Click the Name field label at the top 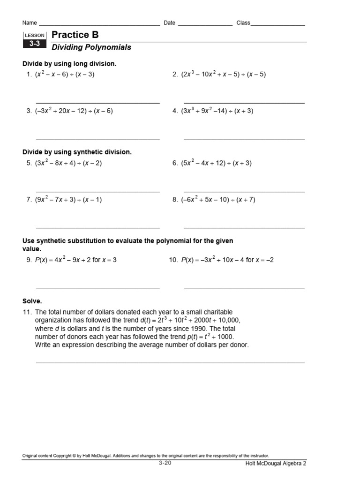[30, 22]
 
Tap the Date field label [169, 22]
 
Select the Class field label [243, 22]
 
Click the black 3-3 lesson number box [34, 44]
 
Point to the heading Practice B [75, 35]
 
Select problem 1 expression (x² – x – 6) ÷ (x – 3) [64, 74]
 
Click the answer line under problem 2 [244, 103]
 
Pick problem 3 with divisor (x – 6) [74, 111]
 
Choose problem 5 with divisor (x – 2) [68, 163]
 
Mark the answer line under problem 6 [244, 191]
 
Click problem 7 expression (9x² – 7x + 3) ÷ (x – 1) [68, 200]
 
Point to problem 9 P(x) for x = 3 [75, 260]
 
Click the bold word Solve [32, 301]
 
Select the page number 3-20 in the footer [165, 463]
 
